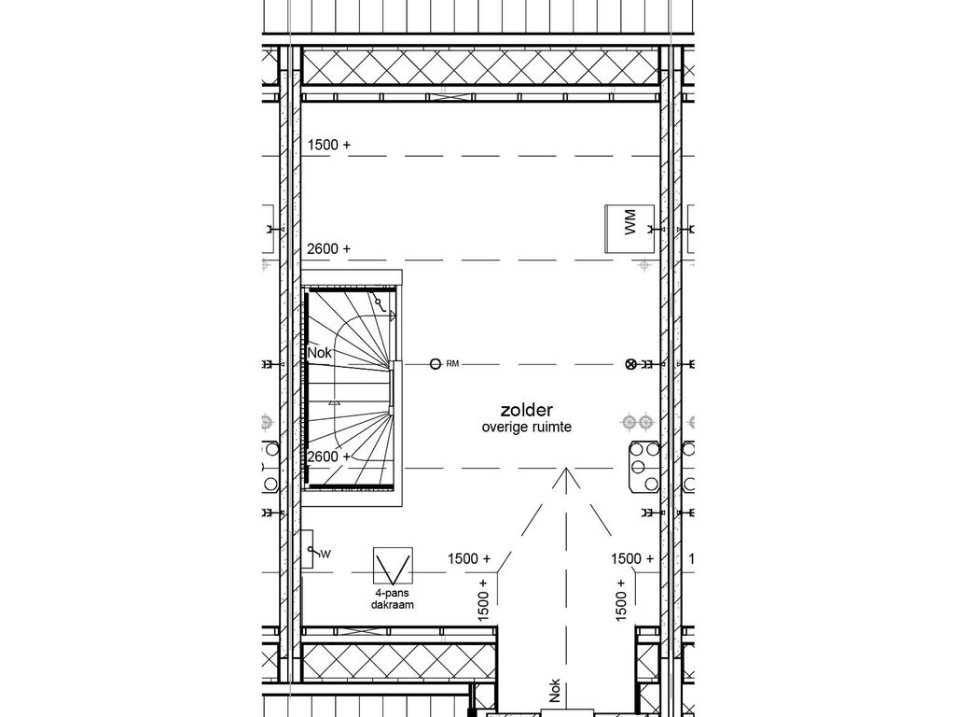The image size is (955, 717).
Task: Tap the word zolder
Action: tap(527, 410)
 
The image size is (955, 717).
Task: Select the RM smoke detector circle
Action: tap(435, 363)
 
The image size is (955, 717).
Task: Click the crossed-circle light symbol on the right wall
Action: tap(630, 363)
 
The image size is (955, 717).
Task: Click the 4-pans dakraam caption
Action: tap(391, 597)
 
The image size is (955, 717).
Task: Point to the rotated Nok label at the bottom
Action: tap(556, 689)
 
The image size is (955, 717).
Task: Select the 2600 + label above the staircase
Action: tap(328, 248)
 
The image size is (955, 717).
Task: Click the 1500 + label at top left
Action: tap(328, 145)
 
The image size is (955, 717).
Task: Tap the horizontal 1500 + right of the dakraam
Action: tap(469, 558)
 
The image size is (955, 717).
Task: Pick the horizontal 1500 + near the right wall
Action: tap(632, 558)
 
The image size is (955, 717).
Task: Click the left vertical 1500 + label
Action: tap(483, 599)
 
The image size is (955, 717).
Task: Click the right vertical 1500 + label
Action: tap(620, 599)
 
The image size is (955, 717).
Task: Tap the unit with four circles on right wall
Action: tap(644, 465)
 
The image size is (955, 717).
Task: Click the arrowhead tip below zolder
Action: tap(563, 472)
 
